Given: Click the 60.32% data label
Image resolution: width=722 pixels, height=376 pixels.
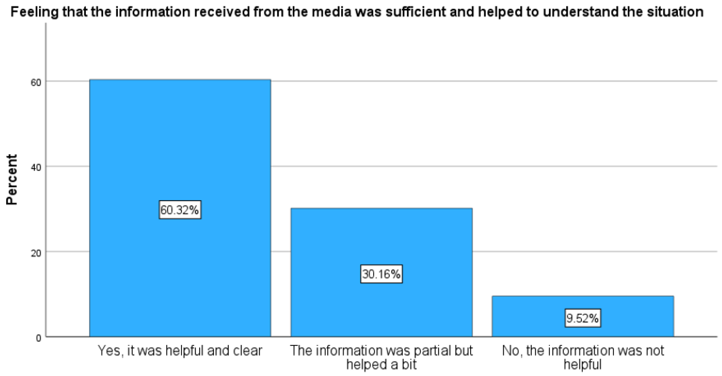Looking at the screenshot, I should click(x=180, y=210).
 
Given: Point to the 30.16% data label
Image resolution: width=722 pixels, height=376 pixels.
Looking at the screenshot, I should click(x=381, y=274).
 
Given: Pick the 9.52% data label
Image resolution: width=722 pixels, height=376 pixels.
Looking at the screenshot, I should click(x=583, y=318).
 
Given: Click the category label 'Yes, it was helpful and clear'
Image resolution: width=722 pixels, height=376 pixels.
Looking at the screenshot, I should click(x=180, y=351).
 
